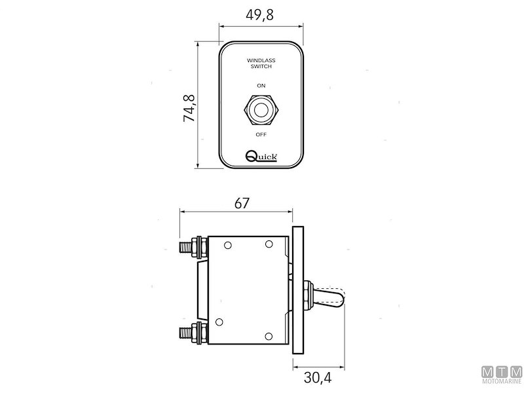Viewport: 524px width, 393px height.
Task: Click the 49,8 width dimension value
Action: pos(261,14)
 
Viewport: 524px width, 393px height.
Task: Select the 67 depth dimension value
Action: pos(242,203)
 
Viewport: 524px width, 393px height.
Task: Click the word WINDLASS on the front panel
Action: pos(261,61)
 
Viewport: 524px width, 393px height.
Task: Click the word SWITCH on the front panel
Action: pos(261,67)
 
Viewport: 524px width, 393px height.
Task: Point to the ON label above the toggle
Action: pos(261,86)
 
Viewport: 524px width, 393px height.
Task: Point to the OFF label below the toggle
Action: pos(261,134)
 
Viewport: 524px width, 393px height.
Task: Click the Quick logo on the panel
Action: pos(261,156)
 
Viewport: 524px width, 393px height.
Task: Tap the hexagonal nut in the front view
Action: pos(261,109)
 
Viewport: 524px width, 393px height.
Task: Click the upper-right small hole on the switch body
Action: pos(269,244)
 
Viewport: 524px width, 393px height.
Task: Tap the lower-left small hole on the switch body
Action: pos(219,321)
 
